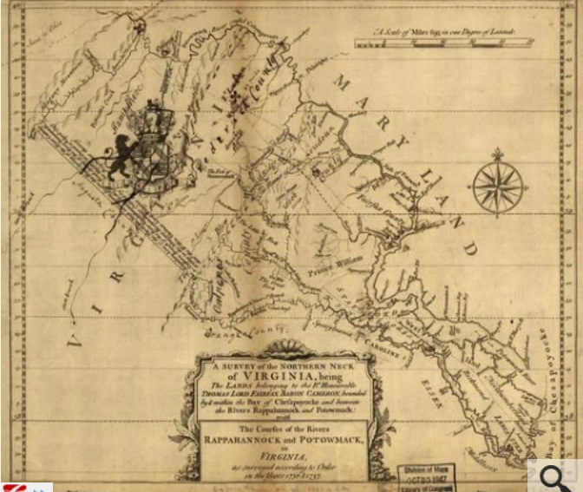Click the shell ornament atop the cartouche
(283, 350)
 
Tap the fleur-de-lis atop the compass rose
(498, 154)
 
